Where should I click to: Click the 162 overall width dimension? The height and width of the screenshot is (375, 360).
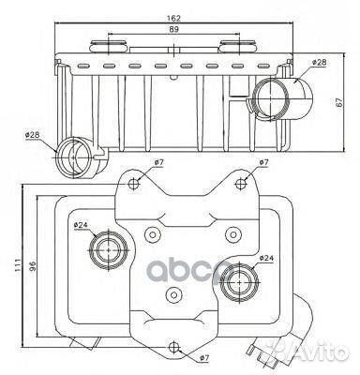(173, 18)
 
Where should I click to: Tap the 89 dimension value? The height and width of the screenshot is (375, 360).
(174, 29)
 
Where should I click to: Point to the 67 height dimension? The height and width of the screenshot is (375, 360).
(339, 102)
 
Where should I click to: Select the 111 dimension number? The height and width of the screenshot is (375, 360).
(18, 265)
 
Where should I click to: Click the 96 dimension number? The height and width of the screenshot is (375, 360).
(33, 266)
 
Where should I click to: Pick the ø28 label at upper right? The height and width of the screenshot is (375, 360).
(319, 63)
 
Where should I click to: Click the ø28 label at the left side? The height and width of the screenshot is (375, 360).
(33, 135)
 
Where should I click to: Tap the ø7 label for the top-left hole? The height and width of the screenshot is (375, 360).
(158, 162)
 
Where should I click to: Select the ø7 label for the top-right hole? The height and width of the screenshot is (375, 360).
(263, 162)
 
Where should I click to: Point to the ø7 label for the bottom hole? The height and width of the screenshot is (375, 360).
(203, 358)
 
